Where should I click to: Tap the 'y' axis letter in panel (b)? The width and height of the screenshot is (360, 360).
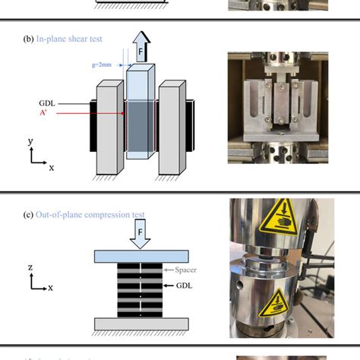[30, 142]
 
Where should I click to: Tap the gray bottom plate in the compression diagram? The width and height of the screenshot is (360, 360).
[141, 323]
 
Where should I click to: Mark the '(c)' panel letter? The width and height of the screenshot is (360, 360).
[29, 213]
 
